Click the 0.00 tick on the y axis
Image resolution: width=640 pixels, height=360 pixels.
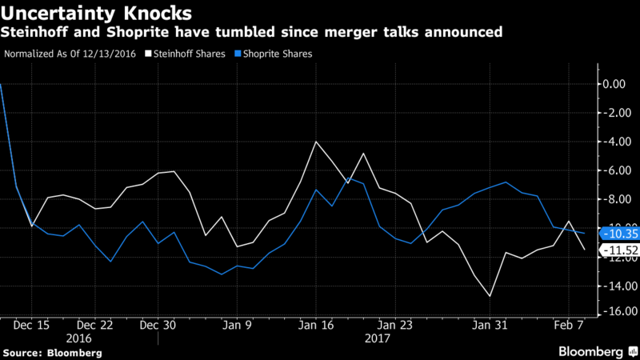pos(615,84)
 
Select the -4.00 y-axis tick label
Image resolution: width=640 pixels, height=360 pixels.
pos(615,142)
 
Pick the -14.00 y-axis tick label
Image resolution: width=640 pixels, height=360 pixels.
pos(615,286)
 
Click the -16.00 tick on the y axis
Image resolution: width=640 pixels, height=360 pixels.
pos(615,311)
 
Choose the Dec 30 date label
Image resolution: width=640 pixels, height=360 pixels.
pos(158,326)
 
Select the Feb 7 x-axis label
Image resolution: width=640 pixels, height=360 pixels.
pos(569,326)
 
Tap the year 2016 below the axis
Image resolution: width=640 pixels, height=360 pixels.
pos(94,338)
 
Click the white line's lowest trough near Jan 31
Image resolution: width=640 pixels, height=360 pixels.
pos(489,296)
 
